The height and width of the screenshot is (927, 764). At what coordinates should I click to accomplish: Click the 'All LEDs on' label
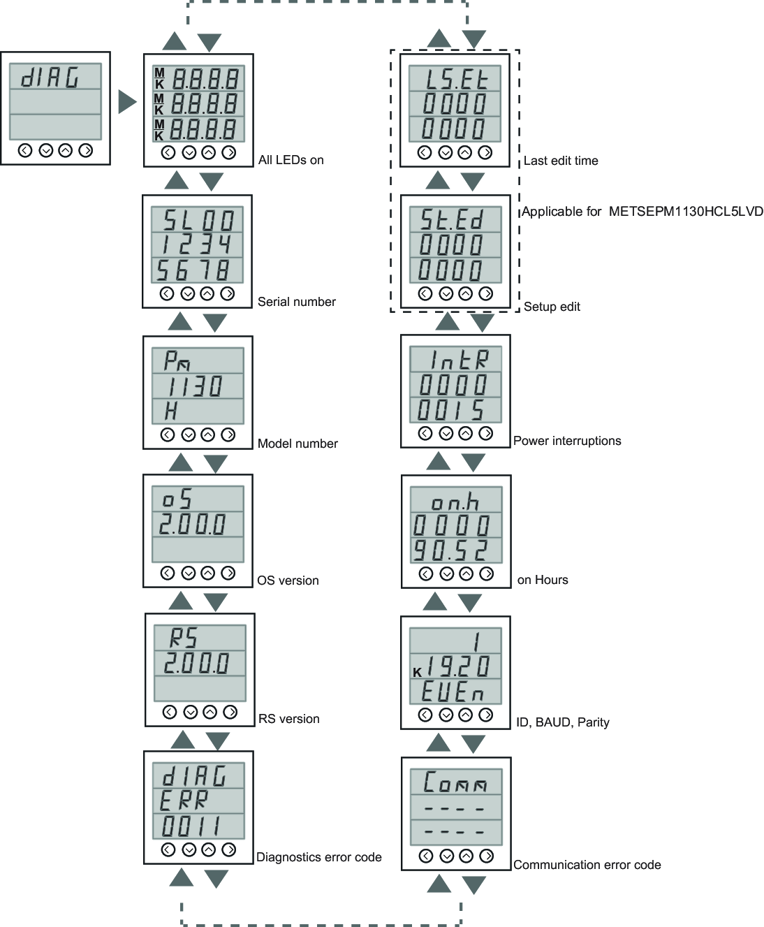[x=291, y=160]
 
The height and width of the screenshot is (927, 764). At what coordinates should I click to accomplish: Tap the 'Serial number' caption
[x=297, y=302]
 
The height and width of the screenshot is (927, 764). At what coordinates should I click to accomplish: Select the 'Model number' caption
[x=297, y=444]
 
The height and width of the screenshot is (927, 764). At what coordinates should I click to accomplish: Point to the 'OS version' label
[x=288, y=581]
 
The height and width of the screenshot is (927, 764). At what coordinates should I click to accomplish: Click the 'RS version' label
[x=288, y=719]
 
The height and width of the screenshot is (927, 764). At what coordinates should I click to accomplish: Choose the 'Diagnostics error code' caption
[x=318, y=857]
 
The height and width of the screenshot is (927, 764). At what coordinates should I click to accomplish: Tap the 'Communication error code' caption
[x=587, y=865]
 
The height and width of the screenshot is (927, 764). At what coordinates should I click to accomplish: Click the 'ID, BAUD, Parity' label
[x=562, y=722]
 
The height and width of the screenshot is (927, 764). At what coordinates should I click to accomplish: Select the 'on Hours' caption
[x=543, y=580]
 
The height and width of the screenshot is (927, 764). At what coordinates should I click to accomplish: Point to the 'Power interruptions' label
[x=567, y=441]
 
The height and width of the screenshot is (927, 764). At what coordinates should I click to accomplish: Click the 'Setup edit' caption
[x=552, y=307]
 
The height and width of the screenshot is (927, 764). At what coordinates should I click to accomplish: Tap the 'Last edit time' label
[x=561, y=161]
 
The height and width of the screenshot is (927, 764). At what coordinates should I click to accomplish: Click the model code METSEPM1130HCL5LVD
[x=685, y=212]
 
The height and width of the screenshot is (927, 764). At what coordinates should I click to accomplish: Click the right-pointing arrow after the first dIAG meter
[x=127, y=102]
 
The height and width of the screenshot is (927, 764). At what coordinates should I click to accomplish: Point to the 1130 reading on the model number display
[x=196, y=386]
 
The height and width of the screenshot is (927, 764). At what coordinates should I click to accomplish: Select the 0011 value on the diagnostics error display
[x=191, y=826]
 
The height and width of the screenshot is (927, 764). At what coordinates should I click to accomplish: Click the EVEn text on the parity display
[x=453, y=692]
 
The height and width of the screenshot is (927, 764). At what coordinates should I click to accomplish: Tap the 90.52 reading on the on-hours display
[x=450, y=550]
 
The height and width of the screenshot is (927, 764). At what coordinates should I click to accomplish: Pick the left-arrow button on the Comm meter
[x=426, y=856]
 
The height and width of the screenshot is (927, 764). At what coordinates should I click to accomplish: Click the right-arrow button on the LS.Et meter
[x=485, y=153]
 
